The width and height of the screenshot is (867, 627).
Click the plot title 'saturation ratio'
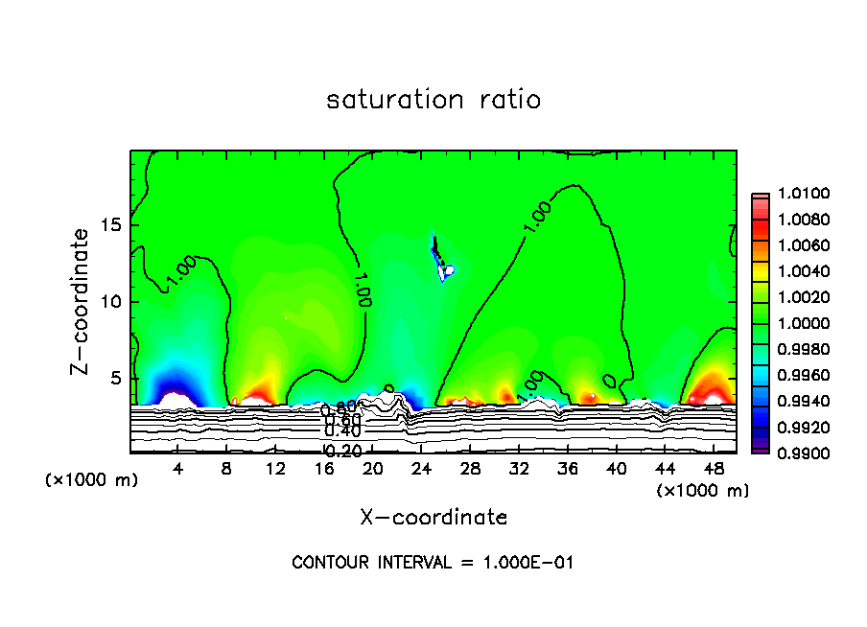(433, 100)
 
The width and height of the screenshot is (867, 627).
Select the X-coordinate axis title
(433, 518)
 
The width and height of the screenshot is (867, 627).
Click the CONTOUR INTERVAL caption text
(433, 563)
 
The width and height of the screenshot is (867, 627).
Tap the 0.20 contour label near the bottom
(342, 451)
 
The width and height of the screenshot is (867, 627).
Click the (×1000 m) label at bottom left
(92, 480)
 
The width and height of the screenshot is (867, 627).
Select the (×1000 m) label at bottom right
(703, 491)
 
